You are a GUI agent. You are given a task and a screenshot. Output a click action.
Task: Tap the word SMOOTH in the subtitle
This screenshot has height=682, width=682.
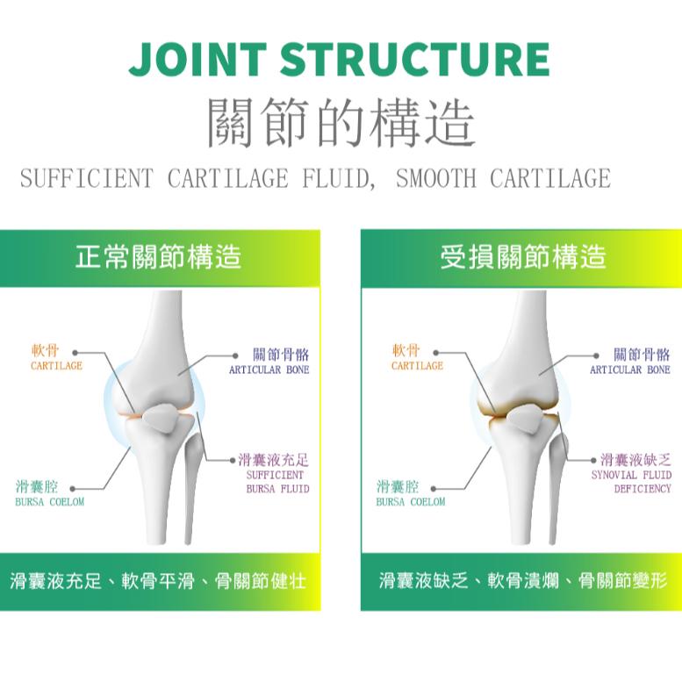[436, 178]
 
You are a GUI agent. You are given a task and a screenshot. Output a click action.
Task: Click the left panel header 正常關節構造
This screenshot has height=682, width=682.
[158, 256]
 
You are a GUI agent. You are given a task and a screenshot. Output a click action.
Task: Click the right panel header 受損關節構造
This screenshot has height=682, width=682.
[523, 256]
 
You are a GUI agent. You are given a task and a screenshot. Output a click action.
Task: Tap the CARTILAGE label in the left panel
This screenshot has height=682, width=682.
[56, 366]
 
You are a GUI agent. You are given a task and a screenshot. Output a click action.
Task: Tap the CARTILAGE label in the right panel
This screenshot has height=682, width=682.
[417, 366]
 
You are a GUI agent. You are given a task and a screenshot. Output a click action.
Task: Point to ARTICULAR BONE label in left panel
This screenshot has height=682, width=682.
[269, 370]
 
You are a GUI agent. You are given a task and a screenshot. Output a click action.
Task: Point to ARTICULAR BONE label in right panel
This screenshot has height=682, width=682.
[630, 370]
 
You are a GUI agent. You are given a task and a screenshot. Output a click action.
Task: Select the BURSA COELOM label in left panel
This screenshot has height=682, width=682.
[49, 502]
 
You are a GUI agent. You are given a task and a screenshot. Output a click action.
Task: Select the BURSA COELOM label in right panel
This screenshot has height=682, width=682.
[411, 502]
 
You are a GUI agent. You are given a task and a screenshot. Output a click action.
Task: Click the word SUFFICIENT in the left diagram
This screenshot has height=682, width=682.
[275, 475]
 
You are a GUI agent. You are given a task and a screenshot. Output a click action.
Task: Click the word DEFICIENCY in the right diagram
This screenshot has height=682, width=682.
[643, 489]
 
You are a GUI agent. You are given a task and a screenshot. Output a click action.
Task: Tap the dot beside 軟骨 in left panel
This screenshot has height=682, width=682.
[75, 353]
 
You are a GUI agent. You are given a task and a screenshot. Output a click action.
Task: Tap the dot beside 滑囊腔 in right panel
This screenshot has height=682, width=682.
[434, 489]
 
